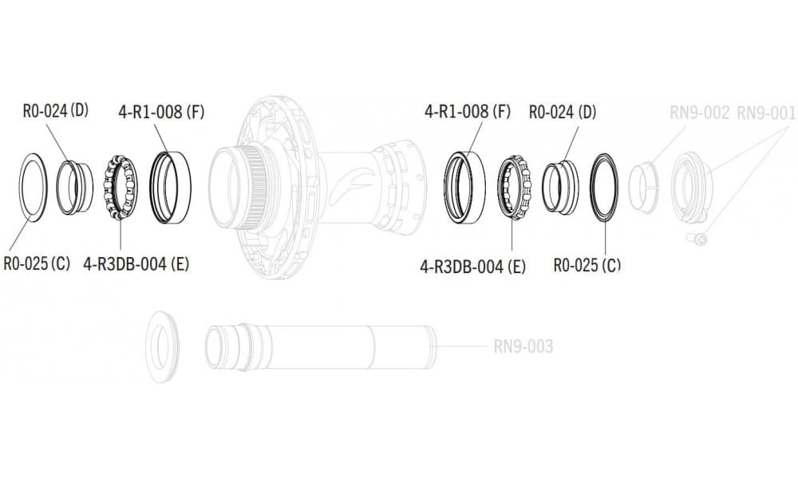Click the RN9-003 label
pos(523,346)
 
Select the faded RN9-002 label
pos(699,113)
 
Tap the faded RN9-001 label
pos(765,113)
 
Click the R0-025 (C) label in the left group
pos(37,264)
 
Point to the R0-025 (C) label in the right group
pos(587,265)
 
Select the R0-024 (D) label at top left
pos(55,111)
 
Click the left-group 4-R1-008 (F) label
pos(161,112)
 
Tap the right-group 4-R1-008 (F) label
pos(467,112)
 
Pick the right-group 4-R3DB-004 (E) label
pos(472,266)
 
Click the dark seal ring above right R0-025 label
pos(604,188)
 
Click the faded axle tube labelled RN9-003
pos(319,346)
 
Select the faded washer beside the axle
pos(162,346)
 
